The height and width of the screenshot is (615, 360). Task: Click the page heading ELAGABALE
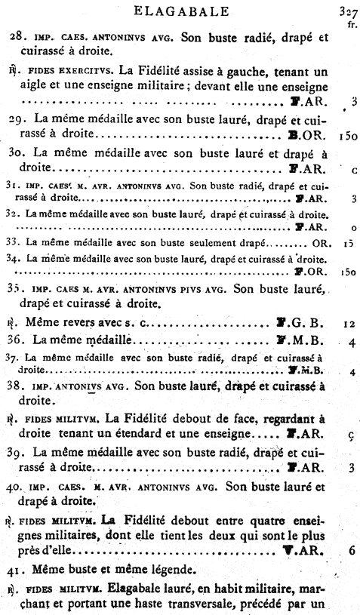[x=180, y=11]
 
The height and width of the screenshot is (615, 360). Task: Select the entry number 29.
[x=17, y=120]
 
